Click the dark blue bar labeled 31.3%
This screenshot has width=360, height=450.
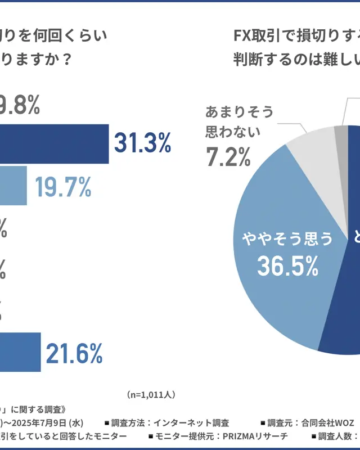(x=53, y=144)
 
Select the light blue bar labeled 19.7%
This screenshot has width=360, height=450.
(x=13, y=185)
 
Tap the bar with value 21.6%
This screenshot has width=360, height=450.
(x=20, y=352)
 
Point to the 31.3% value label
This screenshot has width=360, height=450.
(x=142, y=144)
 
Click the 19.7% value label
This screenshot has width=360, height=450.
(x=63, y=186)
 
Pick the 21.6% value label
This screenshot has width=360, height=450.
(x=74, y=353)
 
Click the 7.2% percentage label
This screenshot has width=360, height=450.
(x=228, y=157)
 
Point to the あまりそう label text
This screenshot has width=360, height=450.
(x=239, y=112)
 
